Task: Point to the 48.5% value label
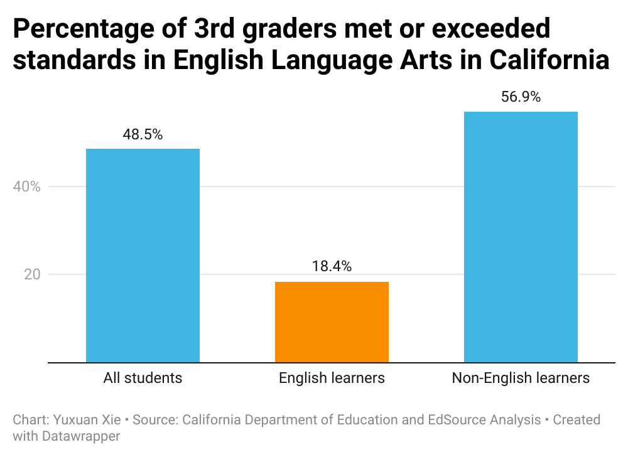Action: click(x=143, y=134)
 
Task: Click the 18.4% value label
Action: click(x=332, y=266)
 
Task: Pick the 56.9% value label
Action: click(x=521, y=97)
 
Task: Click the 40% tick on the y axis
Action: click(x=27, y=186)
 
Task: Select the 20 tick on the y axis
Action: click(x=31, y=274)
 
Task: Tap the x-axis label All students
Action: click(x=143, y=378)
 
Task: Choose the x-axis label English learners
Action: click(x=332, y=378)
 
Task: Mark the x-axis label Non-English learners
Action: click(x=521, y=378)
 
